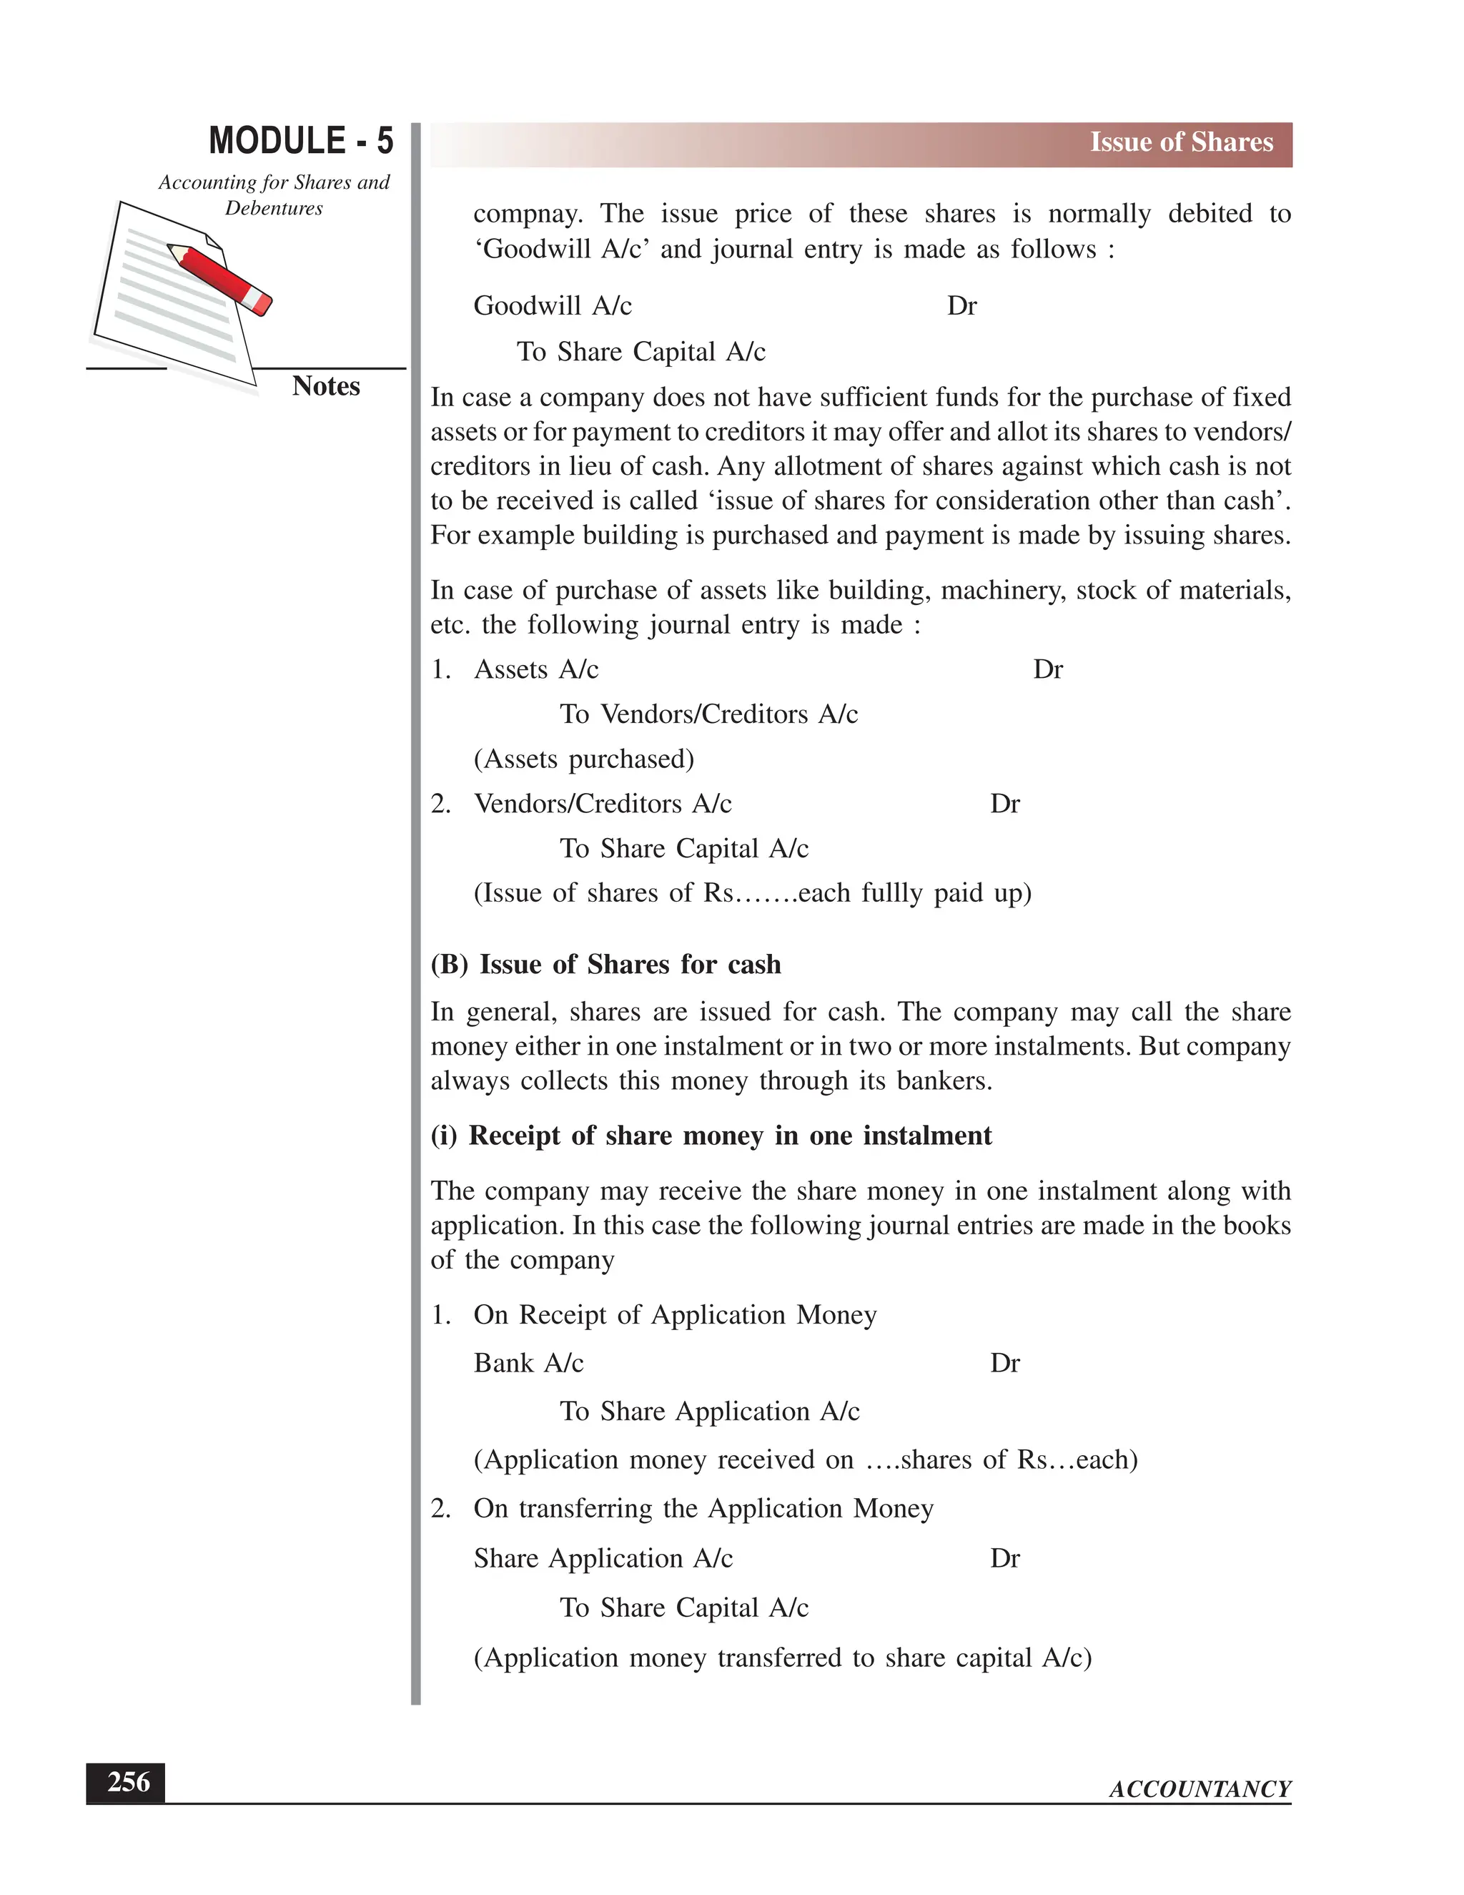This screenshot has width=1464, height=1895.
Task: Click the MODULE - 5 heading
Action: (301, 141)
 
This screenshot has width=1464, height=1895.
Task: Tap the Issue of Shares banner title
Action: (1180, 142)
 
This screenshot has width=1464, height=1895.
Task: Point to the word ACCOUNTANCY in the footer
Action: (1200, 1789)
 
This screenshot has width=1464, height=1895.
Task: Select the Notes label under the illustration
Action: (325, 386)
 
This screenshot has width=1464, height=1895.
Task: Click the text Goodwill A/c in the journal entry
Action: (553, 306)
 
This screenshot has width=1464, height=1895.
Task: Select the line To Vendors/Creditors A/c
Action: (708, 714)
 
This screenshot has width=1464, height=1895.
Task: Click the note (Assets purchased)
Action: (584, 759)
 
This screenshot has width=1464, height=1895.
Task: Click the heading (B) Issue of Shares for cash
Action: (605, 965)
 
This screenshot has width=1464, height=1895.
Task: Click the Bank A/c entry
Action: (528, 1363)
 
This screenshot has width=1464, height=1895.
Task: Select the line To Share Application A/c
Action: (708, 1412)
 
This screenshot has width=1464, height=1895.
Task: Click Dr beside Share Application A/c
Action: (1004, 1558)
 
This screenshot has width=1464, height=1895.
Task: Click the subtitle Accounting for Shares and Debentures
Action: (273, 195)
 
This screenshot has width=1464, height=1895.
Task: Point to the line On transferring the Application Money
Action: (703, 1509)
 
